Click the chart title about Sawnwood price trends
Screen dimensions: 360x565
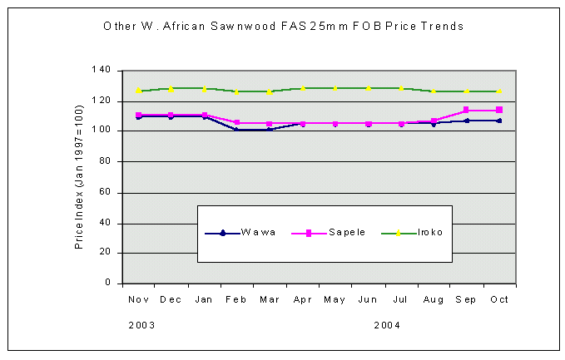coord(283,26)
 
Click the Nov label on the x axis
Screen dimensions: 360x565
coord(137,298)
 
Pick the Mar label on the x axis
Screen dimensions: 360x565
coord(269,298)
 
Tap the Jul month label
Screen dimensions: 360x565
coord(400,298)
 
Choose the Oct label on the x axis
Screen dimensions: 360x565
coord(499,298)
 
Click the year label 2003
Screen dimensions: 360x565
coord(141,325)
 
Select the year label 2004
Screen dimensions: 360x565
coord(387,325)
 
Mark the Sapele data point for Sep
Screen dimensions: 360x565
coord(466,110)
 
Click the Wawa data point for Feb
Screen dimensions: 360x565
coord(236,130)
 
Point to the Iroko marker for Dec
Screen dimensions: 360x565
coord(171,89)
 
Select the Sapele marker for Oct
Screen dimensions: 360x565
coord(499,110)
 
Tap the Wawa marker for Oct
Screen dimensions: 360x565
coord(499,121)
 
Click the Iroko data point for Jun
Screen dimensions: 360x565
coord(368,88)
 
